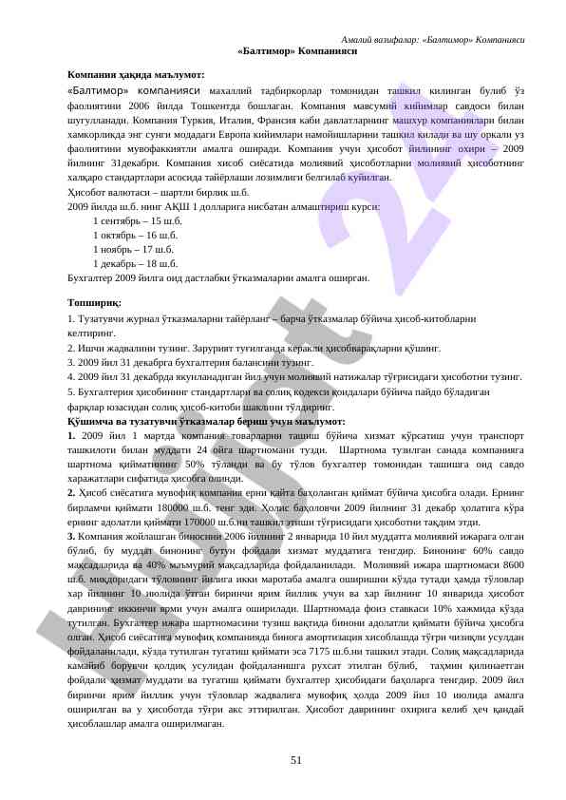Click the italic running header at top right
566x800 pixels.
(x=433, y=39)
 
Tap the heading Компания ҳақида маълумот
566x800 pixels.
(x=136, y=73)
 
